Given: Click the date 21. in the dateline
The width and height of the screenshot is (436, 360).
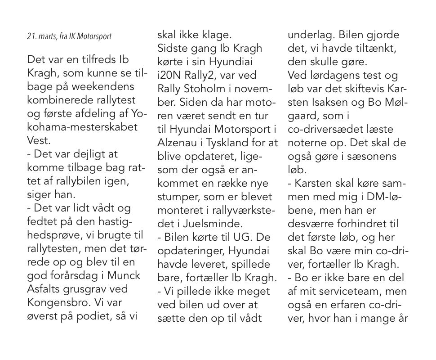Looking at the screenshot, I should [x=31, y=36].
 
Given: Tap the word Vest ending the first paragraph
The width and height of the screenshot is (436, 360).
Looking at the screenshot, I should [x=37, y=139].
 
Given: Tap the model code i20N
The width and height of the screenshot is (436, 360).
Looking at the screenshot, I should [x=170, y=75].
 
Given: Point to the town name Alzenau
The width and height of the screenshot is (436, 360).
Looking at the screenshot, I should [x=176, y=142].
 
